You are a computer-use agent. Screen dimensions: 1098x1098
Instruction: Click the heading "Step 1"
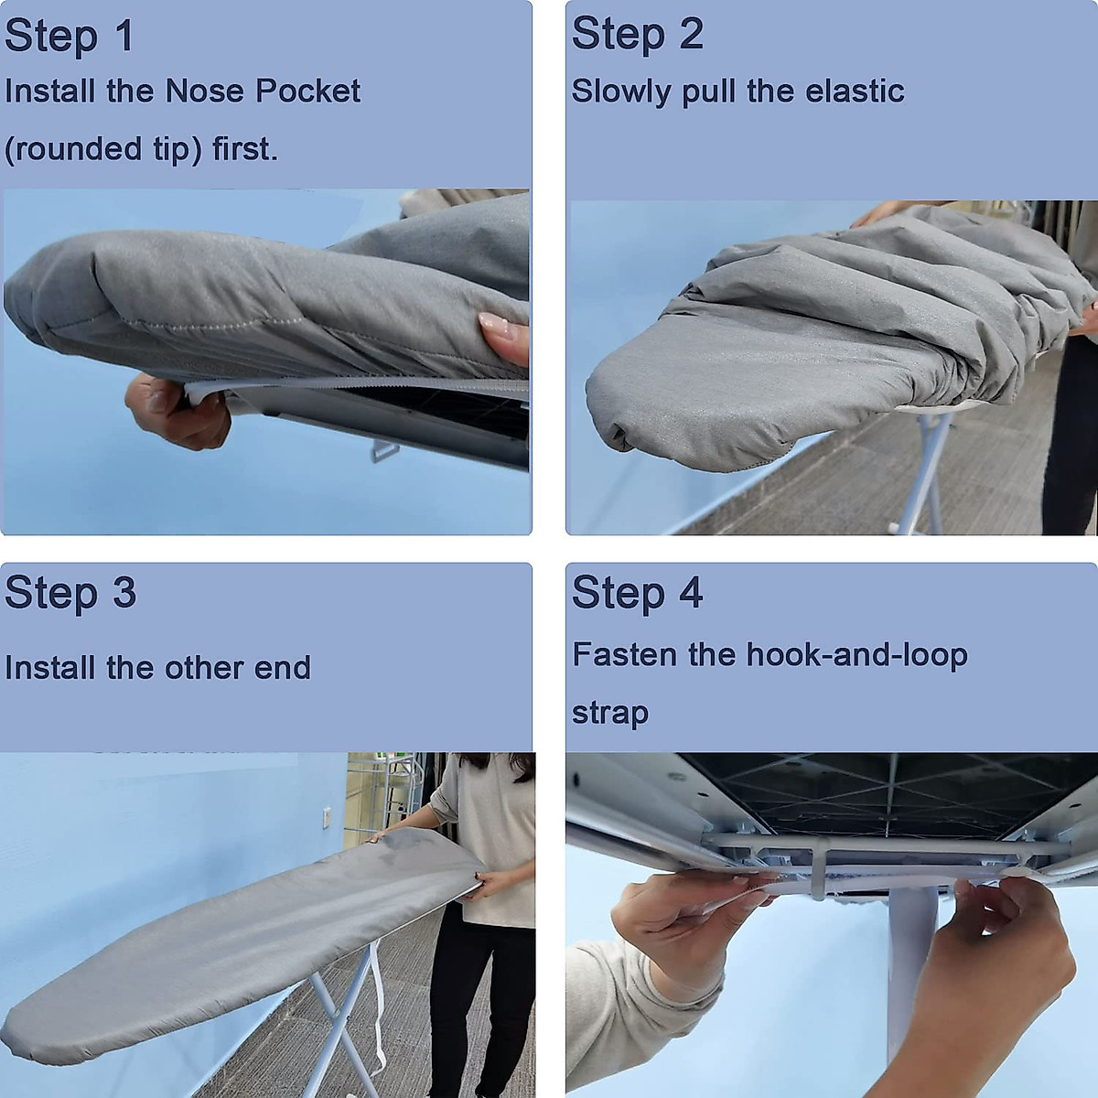(70, 37)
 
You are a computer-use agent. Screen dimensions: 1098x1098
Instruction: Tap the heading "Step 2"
(638, 35)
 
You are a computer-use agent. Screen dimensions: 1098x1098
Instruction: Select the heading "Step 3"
(70, 593)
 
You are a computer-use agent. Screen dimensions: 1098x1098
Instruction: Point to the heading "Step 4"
(638, 593)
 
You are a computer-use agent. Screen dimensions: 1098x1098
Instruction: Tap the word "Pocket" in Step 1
(307, 91)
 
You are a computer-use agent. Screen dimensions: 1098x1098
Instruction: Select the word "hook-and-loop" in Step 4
(856, 655)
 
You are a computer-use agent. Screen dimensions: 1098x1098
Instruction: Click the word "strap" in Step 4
(610, 713)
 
